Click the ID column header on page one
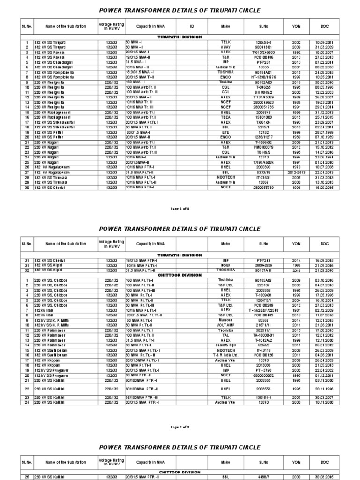pyautogui.click(x=192, y=26)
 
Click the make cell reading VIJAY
pyautogui.click(x=226, y=47)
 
